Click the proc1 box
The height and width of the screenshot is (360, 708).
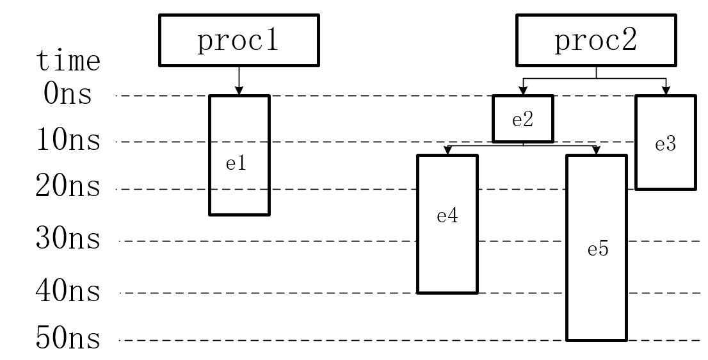[x=239, y=40]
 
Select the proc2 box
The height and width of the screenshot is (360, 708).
[x=596, y=40]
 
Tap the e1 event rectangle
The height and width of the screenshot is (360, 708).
[x=239, y=155]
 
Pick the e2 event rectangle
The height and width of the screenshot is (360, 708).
[x=523, y=119]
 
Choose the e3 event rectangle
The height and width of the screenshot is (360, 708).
[x=666, y=142]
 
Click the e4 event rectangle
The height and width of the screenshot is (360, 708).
[x=447, y=224]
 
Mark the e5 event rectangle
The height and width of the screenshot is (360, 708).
[x=597, y=247]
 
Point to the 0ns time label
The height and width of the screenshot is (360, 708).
[x=68, y=94]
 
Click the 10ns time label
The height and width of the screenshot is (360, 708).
[x=68, y=139]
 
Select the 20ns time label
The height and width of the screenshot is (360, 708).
[x=68, y=186]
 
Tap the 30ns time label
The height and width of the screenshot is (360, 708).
[x=68, y=238]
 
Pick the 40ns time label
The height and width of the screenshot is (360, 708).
[x=68, y=290]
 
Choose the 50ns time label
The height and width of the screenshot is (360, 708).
[x=68, y=338]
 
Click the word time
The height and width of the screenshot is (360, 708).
[x=68, y=60]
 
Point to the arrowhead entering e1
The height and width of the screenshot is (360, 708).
[x=239, y=91]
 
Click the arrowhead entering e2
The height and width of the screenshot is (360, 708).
[x=523, y=91]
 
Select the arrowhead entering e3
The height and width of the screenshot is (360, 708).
[x=666, y=91]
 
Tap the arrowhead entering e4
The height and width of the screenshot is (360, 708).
[x=447, y=151]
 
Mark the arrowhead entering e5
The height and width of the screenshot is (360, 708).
[x=596, y=151]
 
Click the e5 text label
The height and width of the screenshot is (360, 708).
[x=598, y=249]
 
